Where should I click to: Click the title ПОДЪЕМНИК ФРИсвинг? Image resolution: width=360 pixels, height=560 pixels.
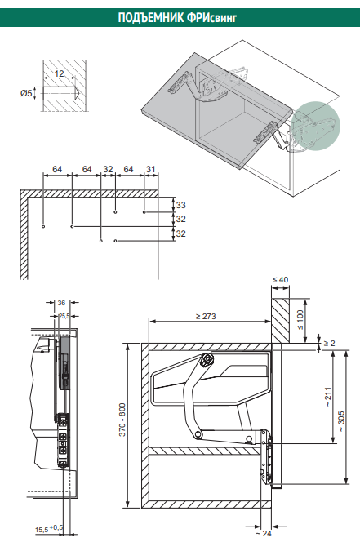pyautogui.click(x=177, y=17)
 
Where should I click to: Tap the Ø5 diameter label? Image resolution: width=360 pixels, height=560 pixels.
pyautogui.click(x=26, y=94)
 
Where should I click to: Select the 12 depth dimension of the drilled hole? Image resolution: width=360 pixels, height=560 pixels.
pyautogui.click(x=60, y=73)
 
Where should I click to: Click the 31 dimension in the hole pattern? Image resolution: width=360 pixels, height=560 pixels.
pyautogui.click(x=151, y=169)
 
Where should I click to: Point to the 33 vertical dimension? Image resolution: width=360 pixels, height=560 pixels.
pyautogui.click(x=181, y=205)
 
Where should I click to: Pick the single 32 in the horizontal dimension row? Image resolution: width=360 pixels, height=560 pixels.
pyautogui.click(x=108, y=169)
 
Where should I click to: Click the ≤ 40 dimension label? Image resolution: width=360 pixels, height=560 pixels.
pyautogui.click(x=280, y=279)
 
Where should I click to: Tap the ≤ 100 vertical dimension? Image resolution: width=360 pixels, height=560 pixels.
pyautogui.click(x=300, y=320)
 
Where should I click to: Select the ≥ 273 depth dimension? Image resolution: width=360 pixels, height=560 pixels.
pyautogui.click(x=206, y=316)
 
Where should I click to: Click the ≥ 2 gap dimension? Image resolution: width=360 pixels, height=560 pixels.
pyautogui.click(x=329, y=343)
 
